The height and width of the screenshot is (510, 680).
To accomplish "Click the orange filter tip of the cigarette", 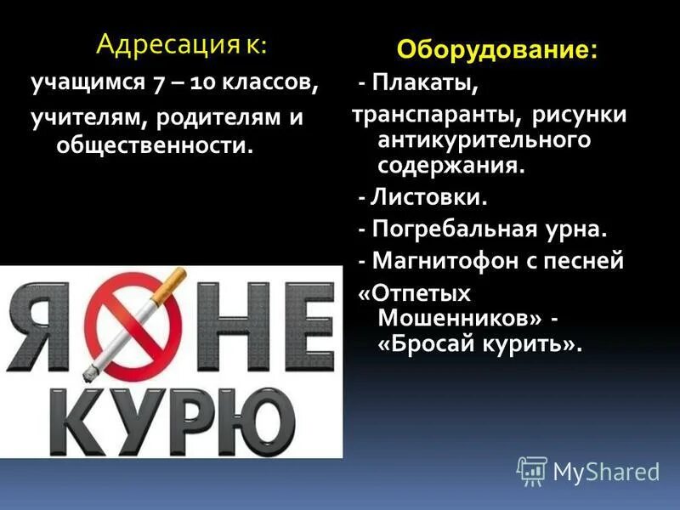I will pos(175,280).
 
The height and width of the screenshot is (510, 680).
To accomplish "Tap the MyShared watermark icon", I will pos(532,470).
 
